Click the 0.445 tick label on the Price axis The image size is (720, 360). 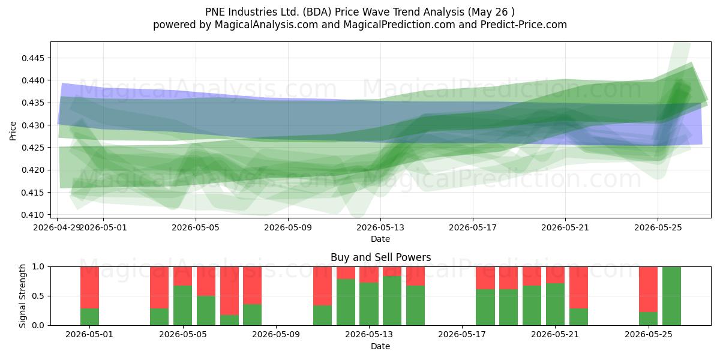tap(32, 58)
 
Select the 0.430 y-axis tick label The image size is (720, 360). tap(32, 125)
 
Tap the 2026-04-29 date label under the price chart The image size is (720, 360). tap(57, 227)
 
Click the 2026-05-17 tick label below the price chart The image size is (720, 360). tap(473, 227)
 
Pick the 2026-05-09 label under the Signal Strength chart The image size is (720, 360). tap(276, 334)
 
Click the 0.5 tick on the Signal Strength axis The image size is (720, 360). tap(38, 296)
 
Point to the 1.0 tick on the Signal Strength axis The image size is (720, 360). tap(38, 267)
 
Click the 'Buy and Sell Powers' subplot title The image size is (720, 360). tap(380, 257)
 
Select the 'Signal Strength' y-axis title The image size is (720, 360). tap(22, 296)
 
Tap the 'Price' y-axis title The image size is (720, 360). tap(13, 131)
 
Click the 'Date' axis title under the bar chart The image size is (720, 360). tap(380, 346)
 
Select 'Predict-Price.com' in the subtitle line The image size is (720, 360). tap(524, 25)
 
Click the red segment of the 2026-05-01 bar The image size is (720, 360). tap(89, 287)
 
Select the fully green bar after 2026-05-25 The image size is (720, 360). tap(672, 296)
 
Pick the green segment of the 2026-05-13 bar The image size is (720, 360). tap(369, 304)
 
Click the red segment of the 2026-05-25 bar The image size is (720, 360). tap(649, 289)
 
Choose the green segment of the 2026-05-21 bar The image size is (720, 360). tap(555, 304)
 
